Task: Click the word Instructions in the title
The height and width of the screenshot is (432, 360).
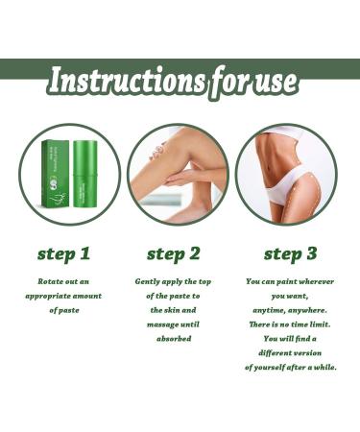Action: pos(119,81)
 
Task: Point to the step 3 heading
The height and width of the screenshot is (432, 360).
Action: pos(291,253)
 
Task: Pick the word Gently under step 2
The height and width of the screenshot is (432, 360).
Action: pos(151,281)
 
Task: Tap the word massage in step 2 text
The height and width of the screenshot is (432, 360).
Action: pos(159,324)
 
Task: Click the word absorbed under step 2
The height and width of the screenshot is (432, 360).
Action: pos(173,339)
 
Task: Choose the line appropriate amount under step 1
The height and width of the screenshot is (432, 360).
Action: pos(62,296)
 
